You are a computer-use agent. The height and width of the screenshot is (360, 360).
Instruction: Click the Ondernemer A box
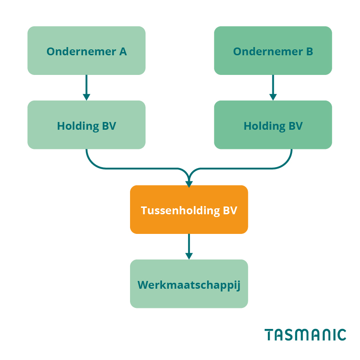click(x=86, y=51)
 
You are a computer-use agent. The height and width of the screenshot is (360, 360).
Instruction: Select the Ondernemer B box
click(x=273, y=51)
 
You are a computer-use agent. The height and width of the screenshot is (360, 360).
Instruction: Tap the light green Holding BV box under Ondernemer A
click(x=86, y=125)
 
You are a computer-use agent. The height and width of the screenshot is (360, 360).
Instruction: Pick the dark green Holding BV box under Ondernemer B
click(x=273, y=125)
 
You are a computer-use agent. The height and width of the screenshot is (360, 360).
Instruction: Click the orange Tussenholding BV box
click(x=189, y=210)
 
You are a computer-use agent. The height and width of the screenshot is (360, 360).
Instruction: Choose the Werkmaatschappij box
click(x=189, y=284)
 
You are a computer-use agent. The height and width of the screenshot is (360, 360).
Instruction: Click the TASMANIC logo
click(x=305, y=334)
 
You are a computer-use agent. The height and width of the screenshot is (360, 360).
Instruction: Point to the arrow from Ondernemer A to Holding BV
click(x=86, y=87)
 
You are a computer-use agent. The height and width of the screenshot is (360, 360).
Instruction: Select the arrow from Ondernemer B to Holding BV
click(x=273, y=87)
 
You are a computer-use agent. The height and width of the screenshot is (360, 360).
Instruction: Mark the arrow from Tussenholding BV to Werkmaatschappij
click(x=189, y=246)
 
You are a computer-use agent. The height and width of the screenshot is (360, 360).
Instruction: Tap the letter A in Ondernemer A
click(x=123, y=52)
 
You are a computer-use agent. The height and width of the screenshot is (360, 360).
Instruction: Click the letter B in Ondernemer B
click(x=309, y=52)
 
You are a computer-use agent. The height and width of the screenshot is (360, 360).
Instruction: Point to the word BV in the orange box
click(x=230, y=211)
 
